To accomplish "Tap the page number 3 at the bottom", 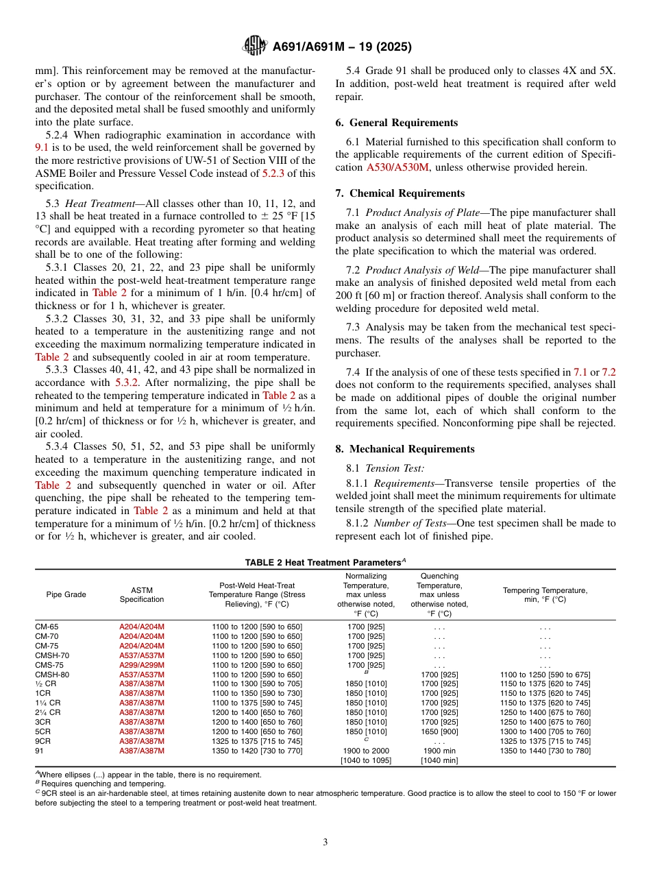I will pos(325,842).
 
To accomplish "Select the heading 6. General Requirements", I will pos(396,123).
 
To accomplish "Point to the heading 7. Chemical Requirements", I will pos(400,193).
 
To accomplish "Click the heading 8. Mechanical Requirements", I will pos(404,449).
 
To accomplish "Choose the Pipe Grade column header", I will pos(66,594).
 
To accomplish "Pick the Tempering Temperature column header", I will pos(545,594).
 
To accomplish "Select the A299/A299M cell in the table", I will pos(142,665).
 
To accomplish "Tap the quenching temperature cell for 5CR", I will pos(439,731).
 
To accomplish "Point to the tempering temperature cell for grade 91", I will pos(545,751).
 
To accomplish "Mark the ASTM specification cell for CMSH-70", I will pos(142,655).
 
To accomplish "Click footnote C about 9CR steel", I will pos(325,797).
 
